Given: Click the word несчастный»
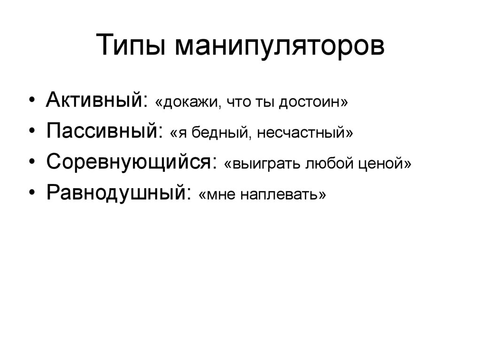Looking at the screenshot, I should point(300,132).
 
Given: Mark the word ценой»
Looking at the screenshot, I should point(387,163).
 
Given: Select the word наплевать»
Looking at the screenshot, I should point(283,194).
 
